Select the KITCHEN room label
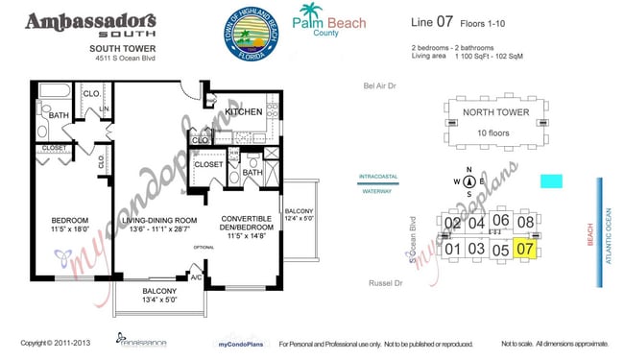click(243, 112)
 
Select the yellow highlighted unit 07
click(524, 250)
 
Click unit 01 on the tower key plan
click(452, 250)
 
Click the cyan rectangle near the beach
click(551, 180)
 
